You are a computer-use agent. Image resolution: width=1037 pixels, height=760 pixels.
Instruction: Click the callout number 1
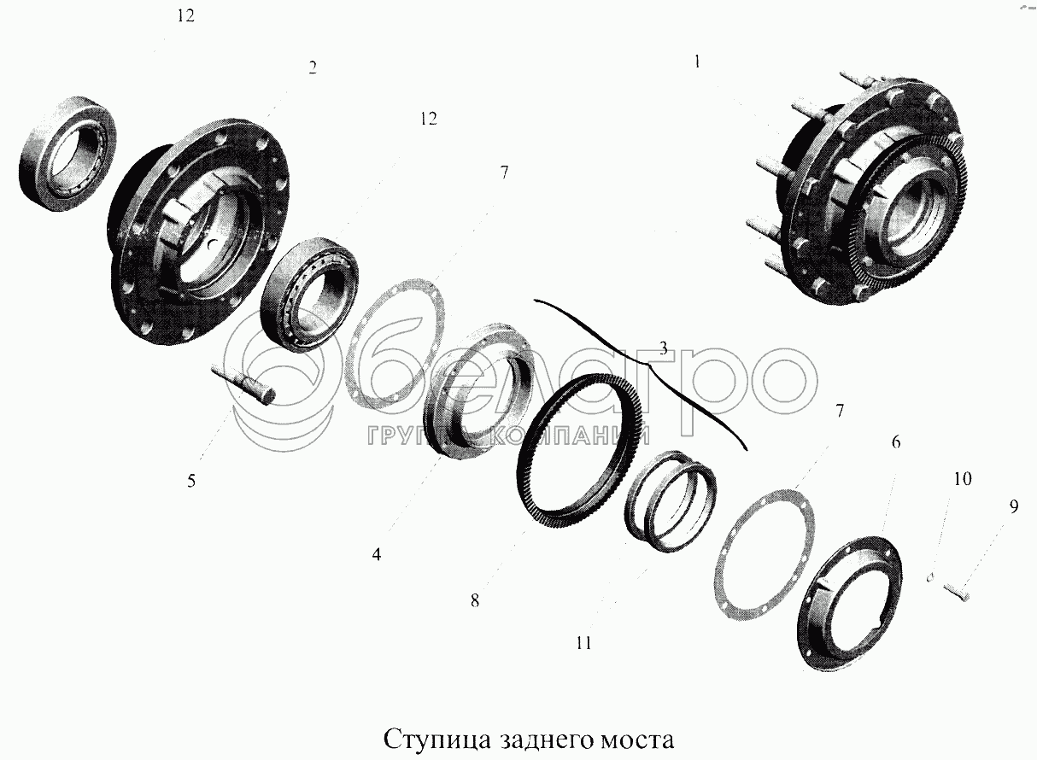pos(697,62)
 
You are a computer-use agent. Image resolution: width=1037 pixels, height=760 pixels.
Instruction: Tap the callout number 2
pos(313,68)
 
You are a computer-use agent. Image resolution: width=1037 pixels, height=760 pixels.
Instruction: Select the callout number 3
pos(664,348)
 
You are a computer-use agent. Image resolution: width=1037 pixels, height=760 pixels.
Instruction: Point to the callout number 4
pos(377,554)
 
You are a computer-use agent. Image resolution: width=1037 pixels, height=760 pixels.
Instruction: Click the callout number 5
pos(191,482)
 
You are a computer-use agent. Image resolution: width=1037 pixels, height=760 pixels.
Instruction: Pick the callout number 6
pos(896,442)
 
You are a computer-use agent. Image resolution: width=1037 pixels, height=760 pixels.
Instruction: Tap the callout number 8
pos(475,601)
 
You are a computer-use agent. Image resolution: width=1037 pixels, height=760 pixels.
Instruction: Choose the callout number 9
pos(1014,507)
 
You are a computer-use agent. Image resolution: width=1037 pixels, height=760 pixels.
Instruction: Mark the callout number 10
pos(963,478)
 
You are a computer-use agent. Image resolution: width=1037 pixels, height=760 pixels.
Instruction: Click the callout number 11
pos(584,643)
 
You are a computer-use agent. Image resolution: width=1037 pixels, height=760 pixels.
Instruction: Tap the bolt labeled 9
pos(956,593)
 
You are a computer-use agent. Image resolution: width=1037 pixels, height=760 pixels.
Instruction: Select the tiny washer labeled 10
pos(930,577)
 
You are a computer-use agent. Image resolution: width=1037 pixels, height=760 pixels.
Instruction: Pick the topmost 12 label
pos(185,16)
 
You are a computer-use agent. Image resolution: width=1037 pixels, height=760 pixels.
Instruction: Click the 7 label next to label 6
pos(840,411)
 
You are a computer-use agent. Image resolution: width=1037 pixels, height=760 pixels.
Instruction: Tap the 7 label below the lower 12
pos(504,172)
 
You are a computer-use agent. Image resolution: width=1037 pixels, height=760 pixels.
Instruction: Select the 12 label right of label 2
pos(429,119)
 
